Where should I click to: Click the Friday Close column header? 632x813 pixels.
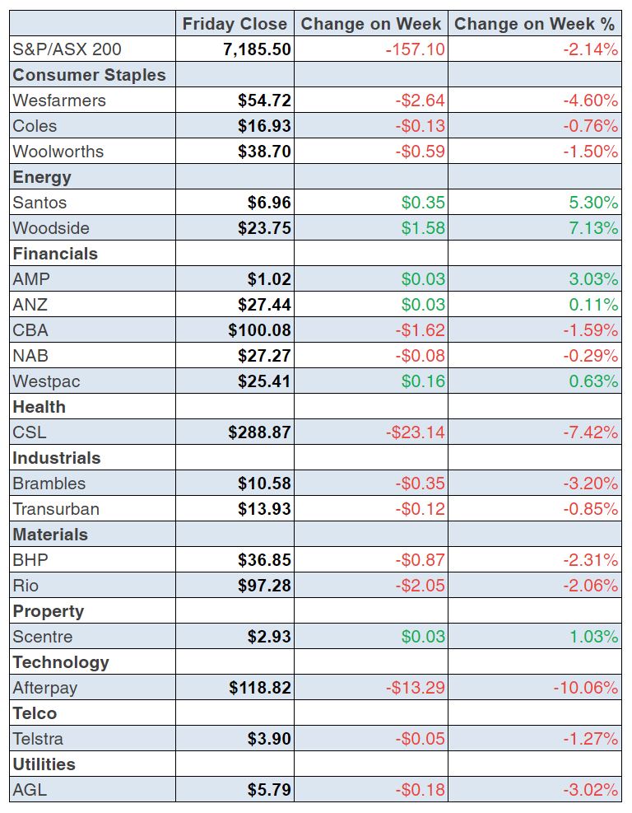click(x=235, y=24)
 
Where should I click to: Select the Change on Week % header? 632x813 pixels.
click(x=536, y=24)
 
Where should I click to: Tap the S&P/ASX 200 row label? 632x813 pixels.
click(x=67, y=49)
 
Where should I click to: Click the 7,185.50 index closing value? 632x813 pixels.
click(x=257, y=49)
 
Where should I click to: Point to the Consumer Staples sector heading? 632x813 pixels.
click(x=89, y=75)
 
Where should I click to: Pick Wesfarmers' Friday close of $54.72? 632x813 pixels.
click(x=264, y=100)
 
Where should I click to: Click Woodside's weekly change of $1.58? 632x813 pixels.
click(x=423, y=228)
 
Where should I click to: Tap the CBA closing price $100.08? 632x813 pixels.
click(x=259, y=330)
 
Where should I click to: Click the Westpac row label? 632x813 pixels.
click(x=46, y=381)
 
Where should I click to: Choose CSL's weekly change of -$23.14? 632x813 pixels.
click(x=416, y=432)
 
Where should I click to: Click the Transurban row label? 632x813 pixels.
click(x=56, y=509)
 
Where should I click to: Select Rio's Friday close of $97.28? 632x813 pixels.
click(x=264, y=586)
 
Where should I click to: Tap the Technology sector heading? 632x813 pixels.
click(x=61, y=662)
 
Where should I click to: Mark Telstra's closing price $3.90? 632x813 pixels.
click(x=269, y=739)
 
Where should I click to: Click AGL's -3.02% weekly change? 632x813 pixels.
click(x=590, y=790)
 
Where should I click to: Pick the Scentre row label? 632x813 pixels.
click(x=43, y=637)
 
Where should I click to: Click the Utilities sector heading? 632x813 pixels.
click(x=44, y=764)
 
